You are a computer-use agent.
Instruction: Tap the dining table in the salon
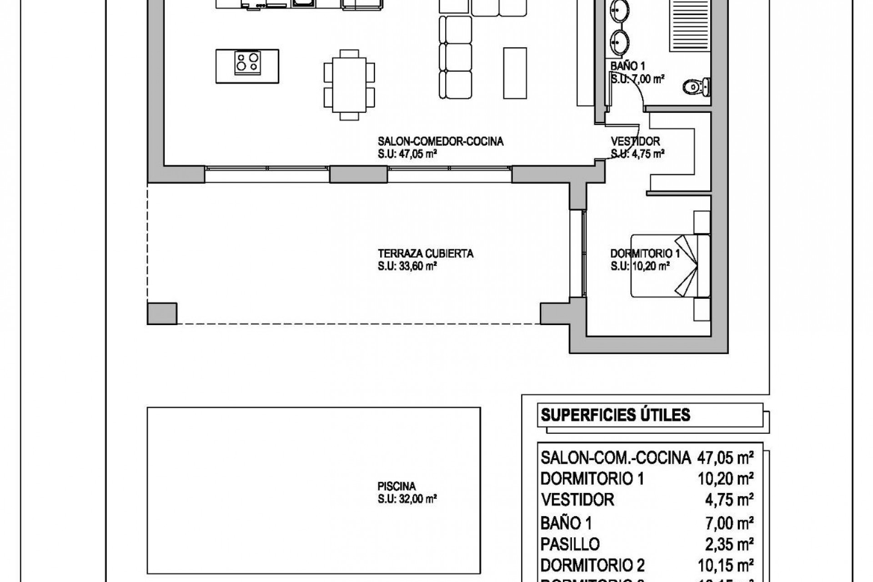[x=349, y=85]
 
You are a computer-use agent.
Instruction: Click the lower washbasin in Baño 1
[x=619, y=43]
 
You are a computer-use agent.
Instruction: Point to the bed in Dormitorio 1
[x=670, y=266]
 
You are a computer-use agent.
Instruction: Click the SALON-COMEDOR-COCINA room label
[x=441, y=141]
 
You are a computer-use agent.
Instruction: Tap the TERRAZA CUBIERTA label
[x=425, y=253]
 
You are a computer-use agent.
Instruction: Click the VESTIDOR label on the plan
[x=635, y=141]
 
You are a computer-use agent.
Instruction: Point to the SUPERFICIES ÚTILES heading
[x=615, y=415]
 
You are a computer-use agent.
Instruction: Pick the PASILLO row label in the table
[x=570, y=544]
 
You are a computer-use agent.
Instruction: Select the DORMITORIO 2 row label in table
[x=592, y=566]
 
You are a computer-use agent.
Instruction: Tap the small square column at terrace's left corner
[x=162, y=313]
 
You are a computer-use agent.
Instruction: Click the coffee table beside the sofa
[x=515, y=73]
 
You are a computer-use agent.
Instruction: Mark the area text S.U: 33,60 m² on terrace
[x=407, y=266]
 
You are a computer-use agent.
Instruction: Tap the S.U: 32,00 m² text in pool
[x=407, y=499]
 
